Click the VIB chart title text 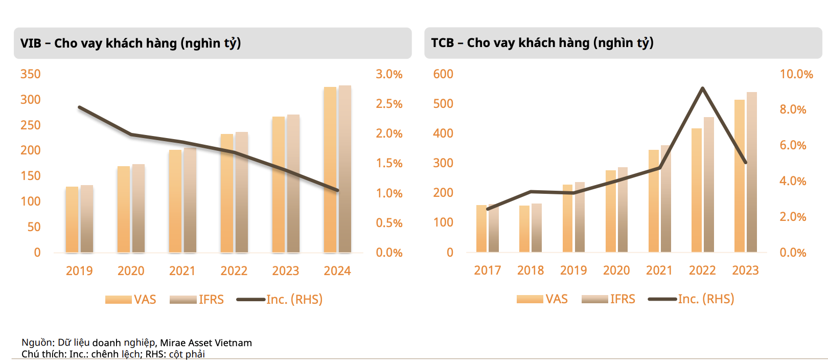click(x=130, y=43)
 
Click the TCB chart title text click(x=542, y=42)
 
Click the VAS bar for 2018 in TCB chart click(x=524, y=229)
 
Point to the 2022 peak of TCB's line click(x=703, y=88)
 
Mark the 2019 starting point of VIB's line click(x=79, y=107)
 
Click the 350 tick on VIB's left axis click(x=30, y=74)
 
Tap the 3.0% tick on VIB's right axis click(x=389, y=74)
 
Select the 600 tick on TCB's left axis click(x=443, y=74)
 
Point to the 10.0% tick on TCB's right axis click(x=796, y=74)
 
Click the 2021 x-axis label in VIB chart click(x=182, y=271)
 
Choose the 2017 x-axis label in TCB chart click(x=487, y=270)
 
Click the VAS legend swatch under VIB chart click(x=118, y=300)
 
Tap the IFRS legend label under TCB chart click(x=623, y=299)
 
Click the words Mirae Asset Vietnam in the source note click(x=206, y=343)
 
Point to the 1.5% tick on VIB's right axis click(x=389, y=163)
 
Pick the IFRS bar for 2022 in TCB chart click(x=708, y=185)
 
